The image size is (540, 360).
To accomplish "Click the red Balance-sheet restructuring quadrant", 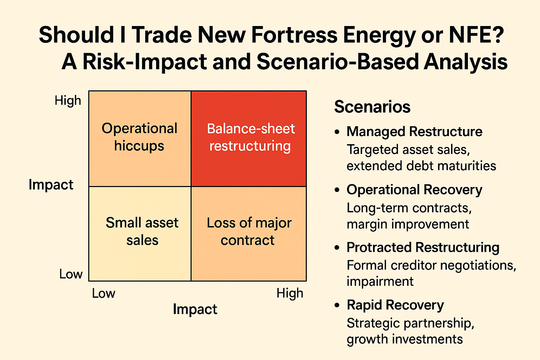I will [249, 138].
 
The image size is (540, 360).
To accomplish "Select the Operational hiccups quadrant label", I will [139, 137].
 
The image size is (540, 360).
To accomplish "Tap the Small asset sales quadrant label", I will [142, 231].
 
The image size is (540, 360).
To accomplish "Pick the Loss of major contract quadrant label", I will [249, 231].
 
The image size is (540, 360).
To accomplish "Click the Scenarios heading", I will [372, 107].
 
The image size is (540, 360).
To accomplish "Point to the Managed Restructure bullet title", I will [414, 132].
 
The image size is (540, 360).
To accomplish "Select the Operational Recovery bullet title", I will [414, 190].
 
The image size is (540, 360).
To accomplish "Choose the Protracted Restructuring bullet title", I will [423, 247].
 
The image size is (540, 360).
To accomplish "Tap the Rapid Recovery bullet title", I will [395, 305].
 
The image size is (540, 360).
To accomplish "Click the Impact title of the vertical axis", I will [51, 185].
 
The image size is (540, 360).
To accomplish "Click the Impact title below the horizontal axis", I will [195, 309].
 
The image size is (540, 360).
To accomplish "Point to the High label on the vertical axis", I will [68, 101].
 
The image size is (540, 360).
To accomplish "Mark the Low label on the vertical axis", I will [71, 274].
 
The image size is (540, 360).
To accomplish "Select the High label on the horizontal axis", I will [290, 293].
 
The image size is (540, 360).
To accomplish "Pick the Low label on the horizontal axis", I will [103, 294].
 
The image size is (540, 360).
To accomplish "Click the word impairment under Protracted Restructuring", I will [380, 282].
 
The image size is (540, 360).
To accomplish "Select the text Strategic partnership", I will [410, 323].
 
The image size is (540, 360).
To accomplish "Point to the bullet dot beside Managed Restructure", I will [337, 132].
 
